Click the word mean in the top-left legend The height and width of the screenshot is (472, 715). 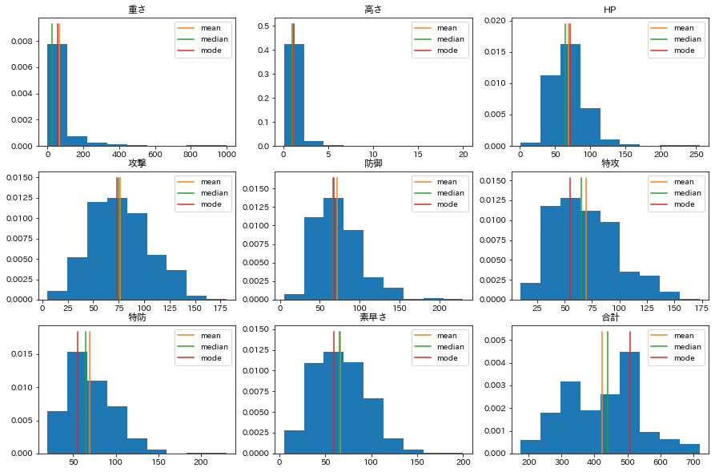pos(211,28)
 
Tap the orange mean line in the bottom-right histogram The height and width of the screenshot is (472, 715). pos(602,393)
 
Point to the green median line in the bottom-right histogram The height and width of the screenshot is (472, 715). pos(608,393)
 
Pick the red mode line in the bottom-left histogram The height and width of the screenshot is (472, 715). pos(78,393)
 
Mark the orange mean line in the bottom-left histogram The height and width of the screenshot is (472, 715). pos(90,393)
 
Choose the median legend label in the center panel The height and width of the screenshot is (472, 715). pos(450,193)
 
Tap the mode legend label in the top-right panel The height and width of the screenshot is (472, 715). pos(684,50)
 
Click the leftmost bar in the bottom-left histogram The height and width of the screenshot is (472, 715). pos(57,432)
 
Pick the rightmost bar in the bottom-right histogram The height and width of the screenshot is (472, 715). pos(689,449)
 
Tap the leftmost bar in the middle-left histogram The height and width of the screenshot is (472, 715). pos(57,295)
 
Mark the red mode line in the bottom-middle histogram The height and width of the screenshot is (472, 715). pos(334,393)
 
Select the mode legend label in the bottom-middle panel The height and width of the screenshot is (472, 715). pos(447,358)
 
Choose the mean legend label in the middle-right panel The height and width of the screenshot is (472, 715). pos(684,182)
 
